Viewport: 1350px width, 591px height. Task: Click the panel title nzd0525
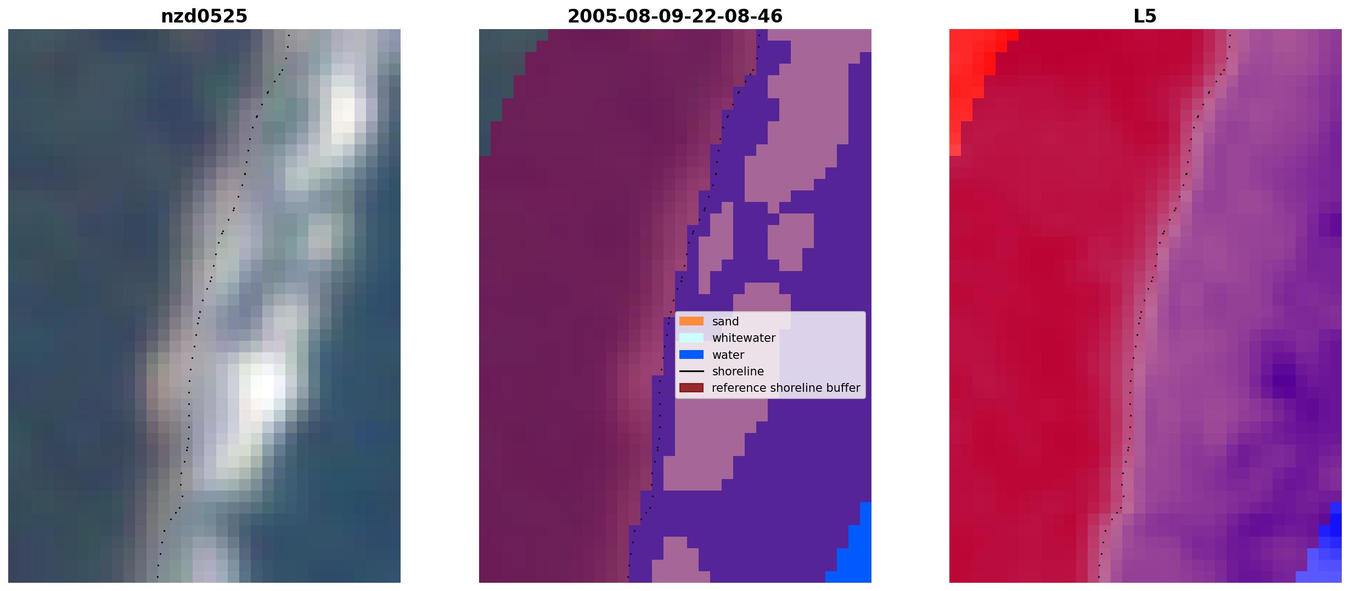(204, 16)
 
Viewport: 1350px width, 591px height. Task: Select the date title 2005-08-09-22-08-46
(675, 16)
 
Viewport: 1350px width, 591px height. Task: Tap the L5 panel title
(1145, 16)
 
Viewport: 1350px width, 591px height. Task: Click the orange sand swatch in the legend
(691, 321)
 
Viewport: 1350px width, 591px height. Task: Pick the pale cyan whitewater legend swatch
(691, 338)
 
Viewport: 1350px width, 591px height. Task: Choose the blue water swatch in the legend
(691, 354)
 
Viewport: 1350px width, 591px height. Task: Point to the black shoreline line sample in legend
(691, 372)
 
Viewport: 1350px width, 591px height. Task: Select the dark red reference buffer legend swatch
(691, 388)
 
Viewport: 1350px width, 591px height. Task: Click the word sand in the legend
(725, 322)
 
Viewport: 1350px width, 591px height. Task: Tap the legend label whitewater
(744, 338)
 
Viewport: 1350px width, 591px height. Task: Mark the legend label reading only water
(728, 355)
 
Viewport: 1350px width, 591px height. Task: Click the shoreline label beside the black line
(738, 372)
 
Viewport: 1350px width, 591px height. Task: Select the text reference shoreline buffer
(786, 388)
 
